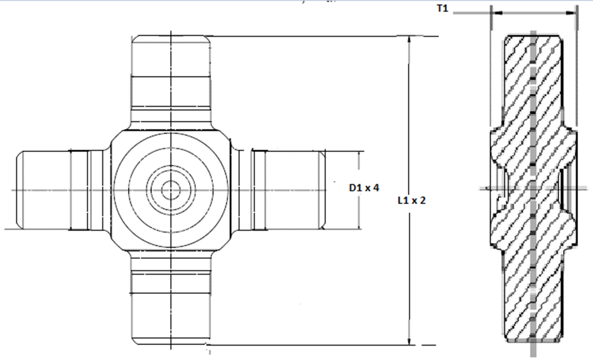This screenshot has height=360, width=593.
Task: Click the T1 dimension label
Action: tap(442, 8)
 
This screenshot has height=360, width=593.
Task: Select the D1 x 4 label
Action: tap(364, 187)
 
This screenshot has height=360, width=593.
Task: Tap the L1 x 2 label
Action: tap(411, 200)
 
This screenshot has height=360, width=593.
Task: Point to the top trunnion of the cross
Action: tap(171, 82)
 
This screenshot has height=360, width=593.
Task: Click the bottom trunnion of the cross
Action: tap(171, 297)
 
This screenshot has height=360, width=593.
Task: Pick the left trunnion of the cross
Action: tap(63, 190)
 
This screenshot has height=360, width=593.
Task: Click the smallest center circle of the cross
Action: tap(171, 190)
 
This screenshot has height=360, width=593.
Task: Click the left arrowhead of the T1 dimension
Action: tap(497, 13)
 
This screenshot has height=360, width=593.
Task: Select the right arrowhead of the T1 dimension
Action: tap(571, 13)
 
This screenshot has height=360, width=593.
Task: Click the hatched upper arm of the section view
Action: tap(533, 82)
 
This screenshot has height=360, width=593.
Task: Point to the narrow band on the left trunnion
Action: tap(79, 190)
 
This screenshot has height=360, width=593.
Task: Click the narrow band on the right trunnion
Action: tap(259, 190)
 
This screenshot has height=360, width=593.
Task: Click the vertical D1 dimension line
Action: tap(359, 190)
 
